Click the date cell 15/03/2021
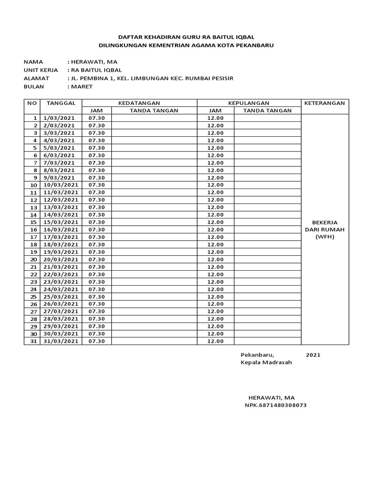click(x=61, y=222)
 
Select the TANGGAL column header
click(x=61, y=103)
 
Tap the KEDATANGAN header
click(x=139, y=103)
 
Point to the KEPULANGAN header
click(x=248, y=103)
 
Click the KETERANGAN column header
click(x=324, y=103)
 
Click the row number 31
click(x=34, y=341)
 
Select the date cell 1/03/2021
click(x=59, y=118)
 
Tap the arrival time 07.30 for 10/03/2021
click(x=96, y=185)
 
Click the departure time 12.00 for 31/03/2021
click(x=215, y=341)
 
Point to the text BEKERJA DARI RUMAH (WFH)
click(x=324, y=230)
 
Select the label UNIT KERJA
click(x=41, y=70)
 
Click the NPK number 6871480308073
click(x=275, y=405)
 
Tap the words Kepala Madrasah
click(x=266, y=363)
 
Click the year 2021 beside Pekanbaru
click(x=313, y=355)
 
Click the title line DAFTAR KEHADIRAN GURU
click(x=186, y=37)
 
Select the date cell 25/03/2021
click(x=61, y=296)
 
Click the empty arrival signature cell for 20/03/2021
click(x=154, y=259)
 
